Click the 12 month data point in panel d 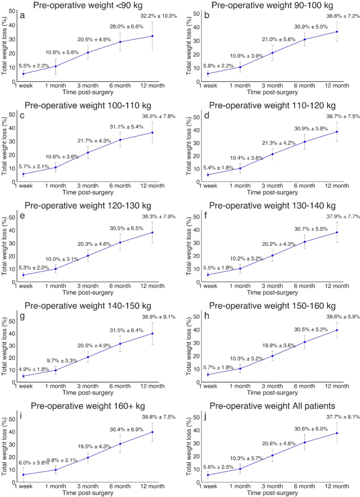click(x=337, y=132)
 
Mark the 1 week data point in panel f click(x=208, y=275)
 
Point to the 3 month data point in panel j click(x=272, y=455)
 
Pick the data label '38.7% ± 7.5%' click(x=341, y=116)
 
